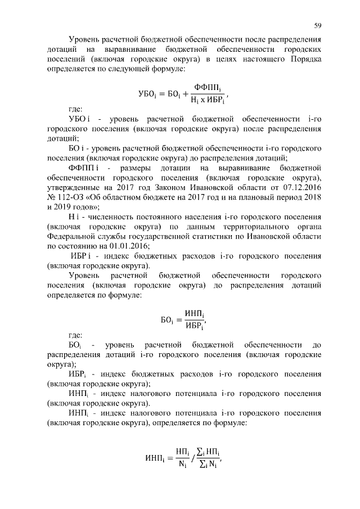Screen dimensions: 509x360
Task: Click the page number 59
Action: pos(317,25)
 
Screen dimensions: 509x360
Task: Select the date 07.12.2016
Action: pos(299,193)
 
